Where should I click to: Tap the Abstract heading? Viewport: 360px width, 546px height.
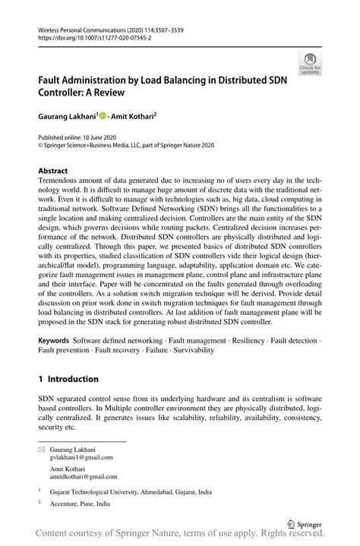tap(54, 171)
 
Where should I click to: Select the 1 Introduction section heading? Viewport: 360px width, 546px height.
tap(68, 379)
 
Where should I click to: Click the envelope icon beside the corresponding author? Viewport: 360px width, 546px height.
tap(42, 450)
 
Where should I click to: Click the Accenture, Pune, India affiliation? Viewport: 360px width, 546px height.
tap(80, 503)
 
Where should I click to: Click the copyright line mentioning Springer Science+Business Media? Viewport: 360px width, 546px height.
tap(128, 146)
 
